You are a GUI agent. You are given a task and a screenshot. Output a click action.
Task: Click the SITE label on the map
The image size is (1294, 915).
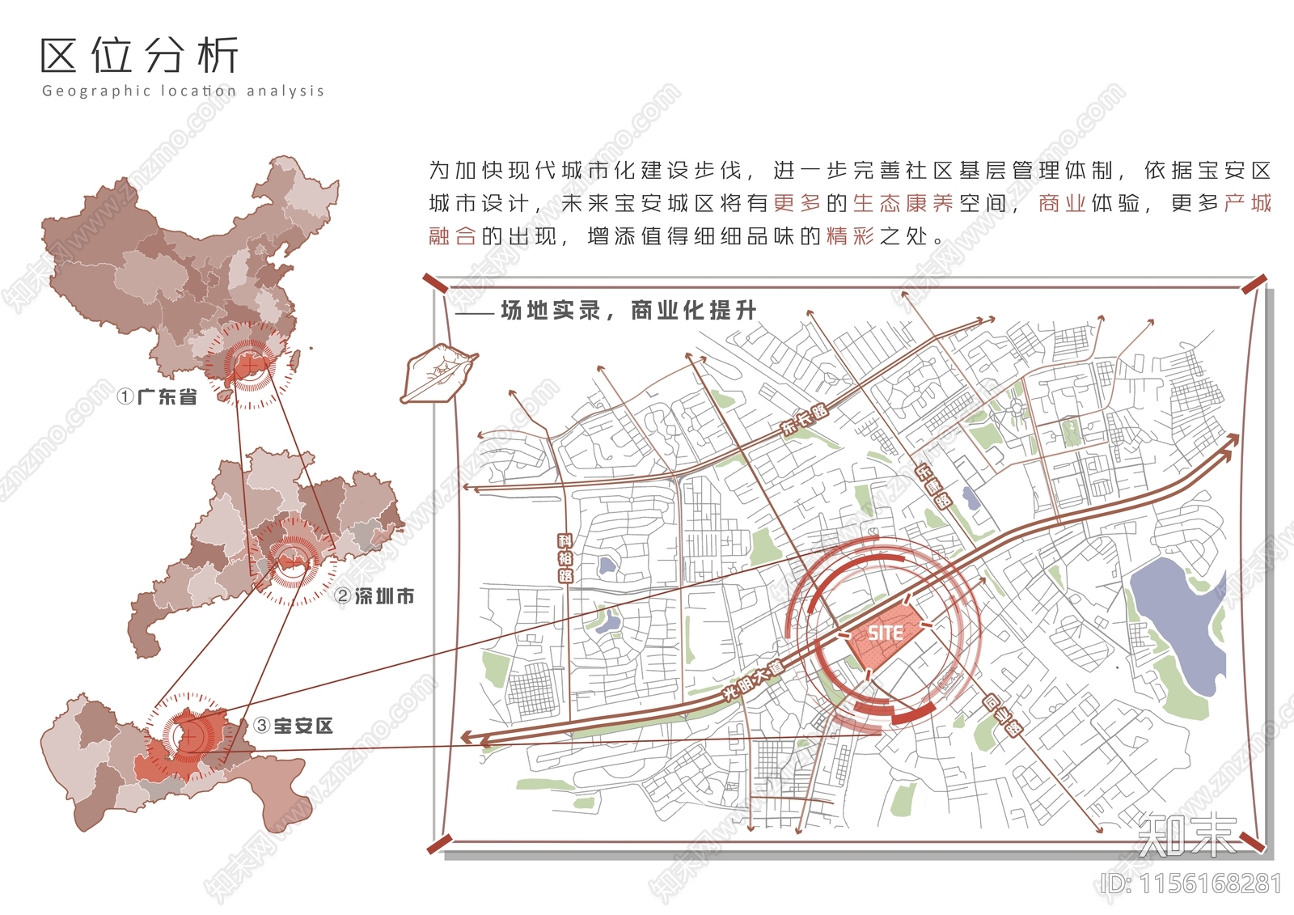(886, 633)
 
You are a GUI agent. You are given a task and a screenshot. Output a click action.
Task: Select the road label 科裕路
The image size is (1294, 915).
(565, 558)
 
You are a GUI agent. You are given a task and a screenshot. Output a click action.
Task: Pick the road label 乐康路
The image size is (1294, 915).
(933, 485)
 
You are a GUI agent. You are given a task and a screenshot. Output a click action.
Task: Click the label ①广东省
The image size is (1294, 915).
(158, 396)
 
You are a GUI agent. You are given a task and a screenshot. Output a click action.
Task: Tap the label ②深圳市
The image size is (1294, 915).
(375, 596)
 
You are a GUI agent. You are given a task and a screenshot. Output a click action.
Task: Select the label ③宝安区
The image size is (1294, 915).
(294, 726)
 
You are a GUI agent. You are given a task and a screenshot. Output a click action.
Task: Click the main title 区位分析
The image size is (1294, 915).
(139, 55)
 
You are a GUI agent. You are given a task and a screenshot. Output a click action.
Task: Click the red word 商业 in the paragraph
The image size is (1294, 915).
(1062, 203)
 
